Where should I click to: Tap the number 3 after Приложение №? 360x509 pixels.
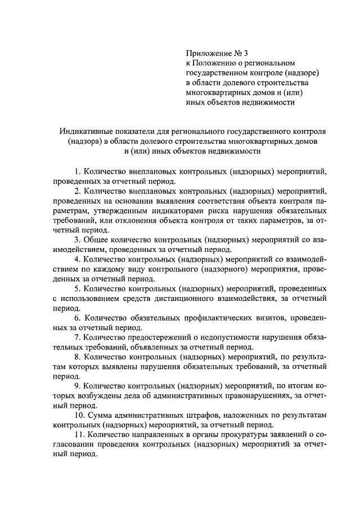[248, 53]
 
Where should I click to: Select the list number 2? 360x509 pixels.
[77, 191]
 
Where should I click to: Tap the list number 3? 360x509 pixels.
[77, 240]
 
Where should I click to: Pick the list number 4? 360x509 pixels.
[77, 260]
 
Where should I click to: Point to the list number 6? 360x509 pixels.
[77, 318]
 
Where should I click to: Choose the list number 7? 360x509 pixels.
[77, 338]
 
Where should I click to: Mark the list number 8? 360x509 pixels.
[77, 358]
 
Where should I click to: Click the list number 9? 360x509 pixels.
[77, 387]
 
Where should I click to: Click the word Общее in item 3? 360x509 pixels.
[96, 240]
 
